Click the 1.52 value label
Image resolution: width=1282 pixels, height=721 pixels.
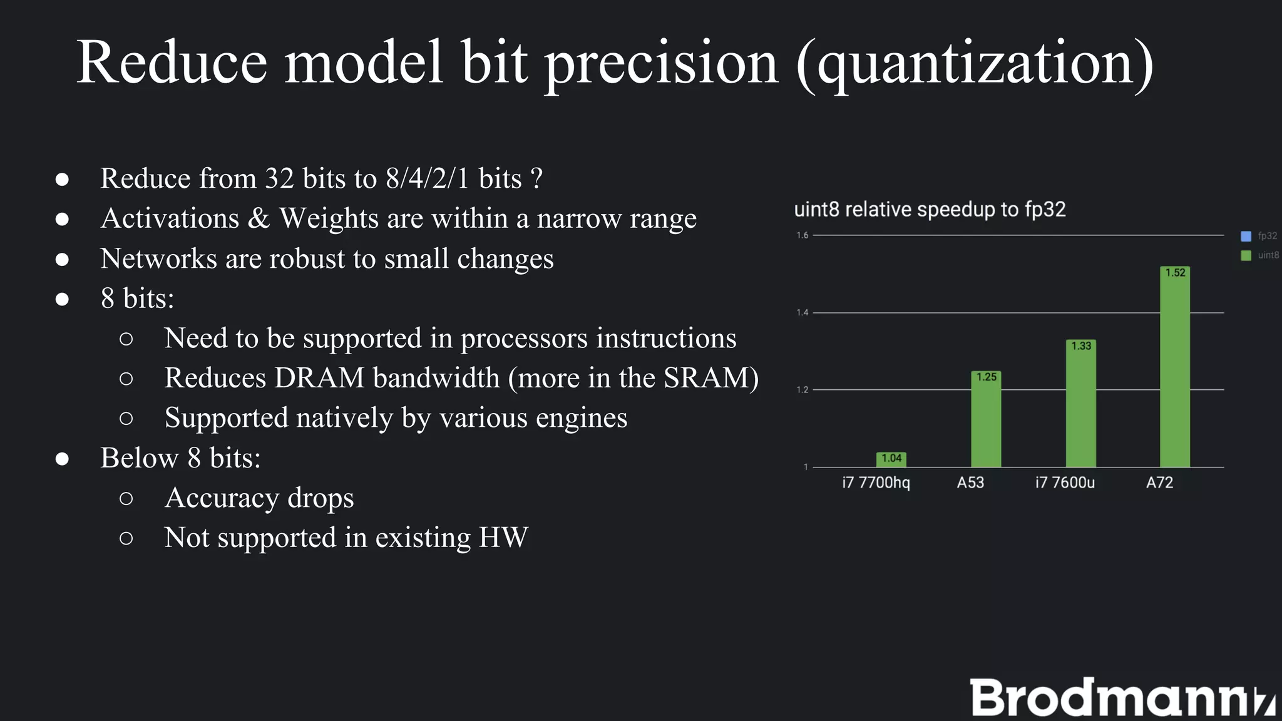point(1175,273)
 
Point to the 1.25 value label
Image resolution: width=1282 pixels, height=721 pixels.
point(986,377)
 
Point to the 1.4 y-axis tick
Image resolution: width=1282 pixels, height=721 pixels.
point(803,312)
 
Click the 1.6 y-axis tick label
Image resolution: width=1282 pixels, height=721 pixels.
point(803,235)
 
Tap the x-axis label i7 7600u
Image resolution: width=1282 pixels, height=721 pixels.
point(1065,483)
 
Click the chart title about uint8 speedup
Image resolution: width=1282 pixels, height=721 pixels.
point(930,209)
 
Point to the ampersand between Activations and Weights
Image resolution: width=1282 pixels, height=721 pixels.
point(259,218)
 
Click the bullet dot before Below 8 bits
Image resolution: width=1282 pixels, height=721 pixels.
point(62,459)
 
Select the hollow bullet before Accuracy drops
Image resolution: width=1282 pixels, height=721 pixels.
point(126,498)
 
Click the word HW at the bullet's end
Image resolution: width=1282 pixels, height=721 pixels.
point(503,538)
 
